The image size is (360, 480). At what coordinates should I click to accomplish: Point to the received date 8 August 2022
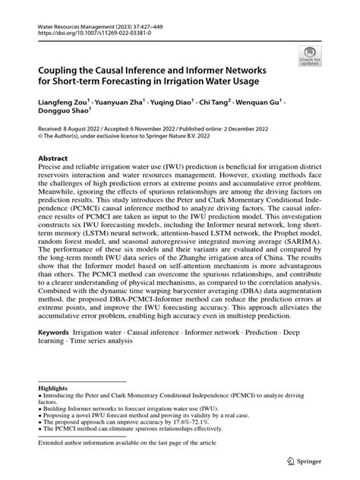point(82,129)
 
